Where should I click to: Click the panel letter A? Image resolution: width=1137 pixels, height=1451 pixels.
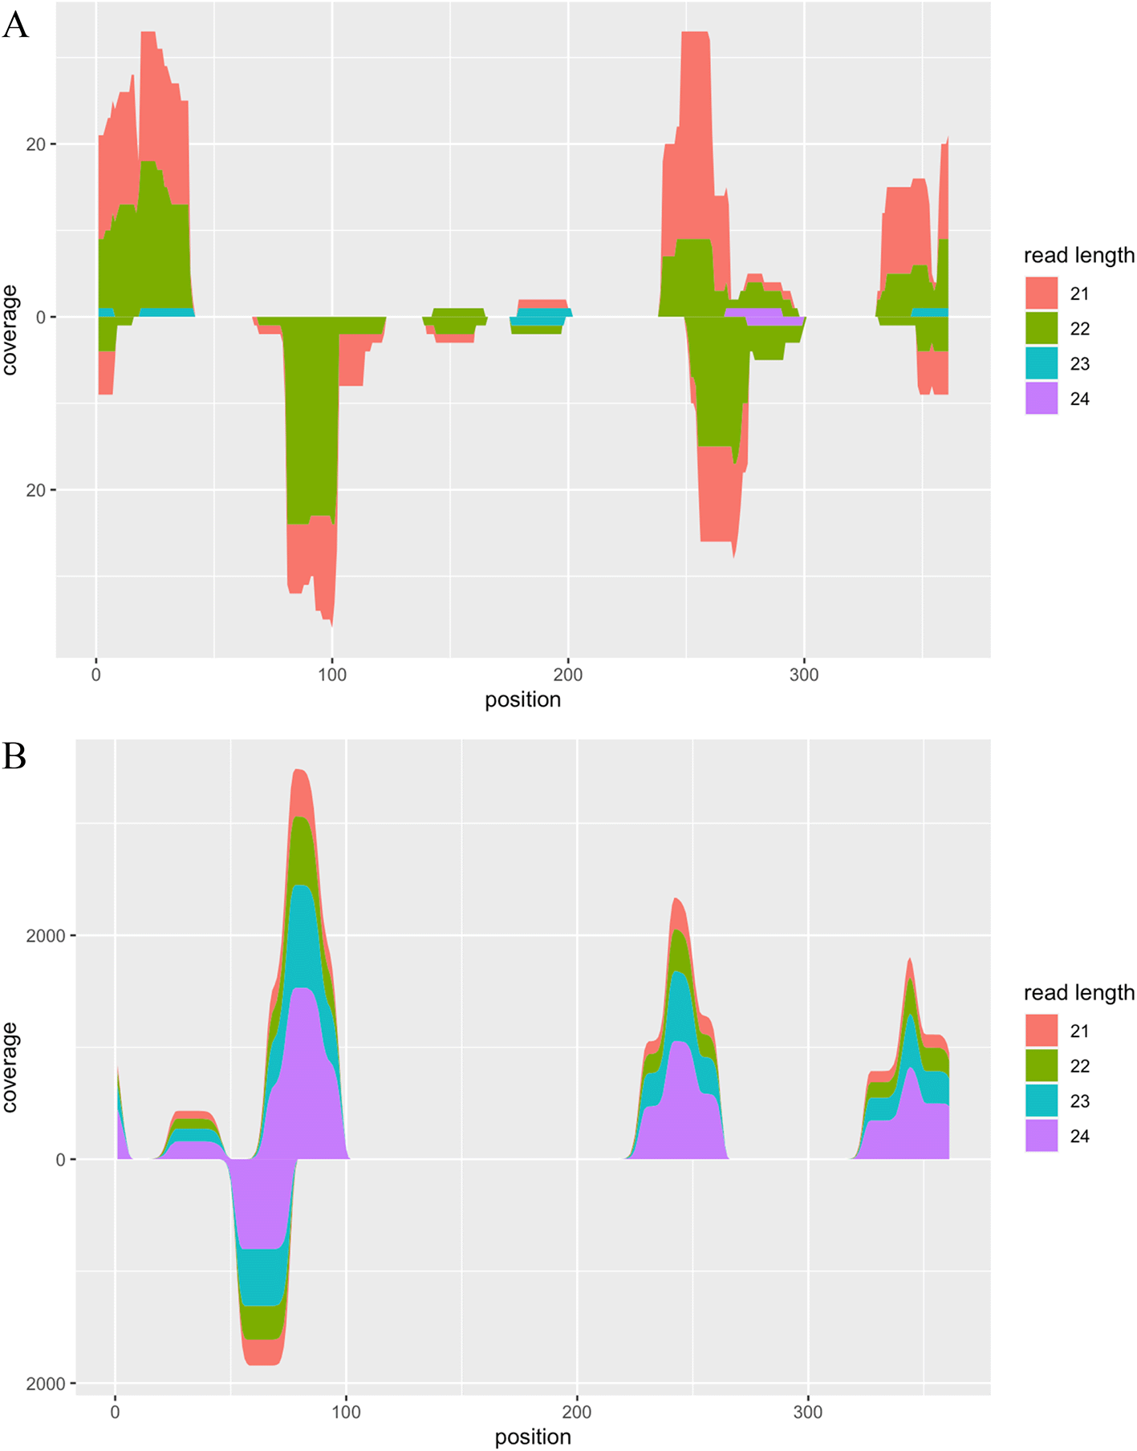(15, 25)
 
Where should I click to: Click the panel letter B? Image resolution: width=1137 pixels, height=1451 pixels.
(14, 756)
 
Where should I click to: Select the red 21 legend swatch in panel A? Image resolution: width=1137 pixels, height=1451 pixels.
(1041, 294)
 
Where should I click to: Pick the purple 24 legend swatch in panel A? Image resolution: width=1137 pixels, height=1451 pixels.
(1041, 399)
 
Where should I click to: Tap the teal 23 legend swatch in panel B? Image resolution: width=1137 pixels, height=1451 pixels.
(1041, 1100)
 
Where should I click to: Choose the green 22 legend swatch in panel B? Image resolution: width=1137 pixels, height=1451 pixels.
(1041, 1065)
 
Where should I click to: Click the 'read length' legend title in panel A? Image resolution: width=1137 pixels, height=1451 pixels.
(1078, 256)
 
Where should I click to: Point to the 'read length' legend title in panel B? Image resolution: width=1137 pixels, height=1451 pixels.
(1078, 993)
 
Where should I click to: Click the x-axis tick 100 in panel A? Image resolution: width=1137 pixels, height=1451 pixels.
(332, 675)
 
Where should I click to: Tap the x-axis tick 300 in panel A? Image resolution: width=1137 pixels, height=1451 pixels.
(804, 675)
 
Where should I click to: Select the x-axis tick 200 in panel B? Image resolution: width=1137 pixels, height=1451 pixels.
(577, 1412)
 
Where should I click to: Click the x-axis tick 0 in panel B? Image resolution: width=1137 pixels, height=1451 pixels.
(116, 1412)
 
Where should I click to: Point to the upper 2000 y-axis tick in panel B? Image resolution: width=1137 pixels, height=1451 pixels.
(45, 936)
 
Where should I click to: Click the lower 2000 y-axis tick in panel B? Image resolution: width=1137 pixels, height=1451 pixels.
(45, 1384)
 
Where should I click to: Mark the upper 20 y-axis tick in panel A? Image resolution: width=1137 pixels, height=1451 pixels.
(36, 144)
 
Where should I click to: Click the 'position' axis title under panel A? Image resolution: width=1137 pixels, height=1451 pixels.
(522, 700)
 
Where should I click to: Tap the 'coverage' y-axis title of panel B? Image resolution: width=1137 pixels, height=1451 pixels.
(10, 1068)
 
